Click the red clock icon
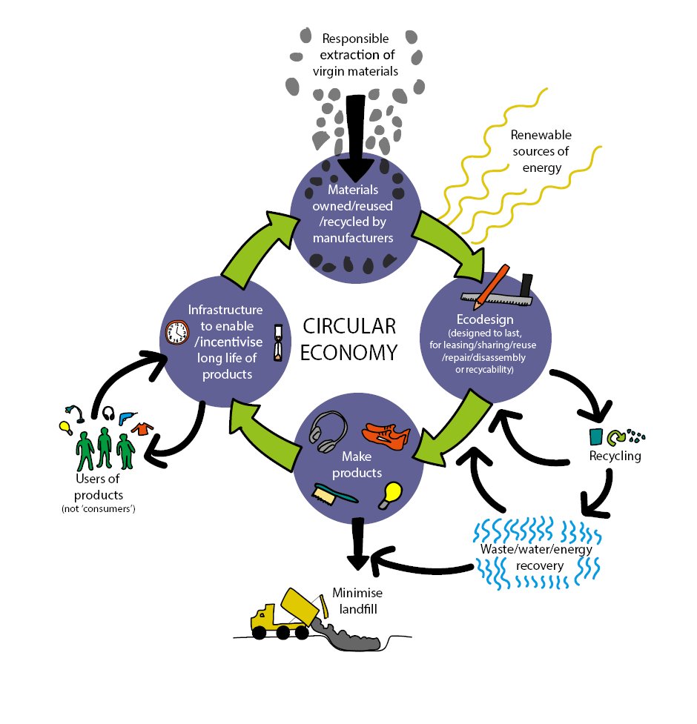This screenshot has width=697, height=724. pyautogui.click(x=176, y=332)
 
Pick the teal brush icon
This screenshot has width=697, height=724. pyautogui.click(x=335, y=494)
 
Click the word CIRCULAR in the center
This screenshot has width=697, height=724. pyautogui.click(x=349, y=326)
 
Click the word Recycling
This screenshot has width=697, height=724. pyautogui.click(x=615, y=456)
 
